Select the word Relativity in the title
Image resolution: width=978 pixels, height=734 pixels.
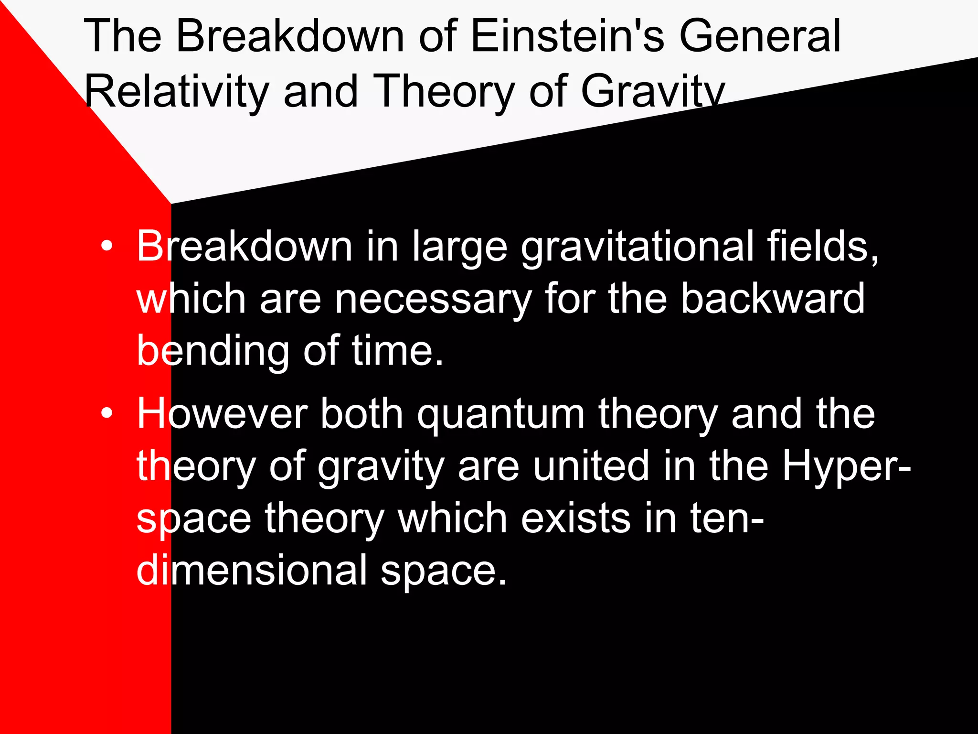(x=177, y=92)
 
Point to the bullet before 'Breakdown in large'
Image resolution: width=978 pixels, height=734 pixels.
(x=107, y=247)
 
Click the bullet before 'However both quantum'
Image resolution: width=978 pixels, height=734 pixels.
(x=107, y=414)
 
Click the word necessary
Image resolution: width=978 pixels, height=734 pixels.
(x=433, y=300)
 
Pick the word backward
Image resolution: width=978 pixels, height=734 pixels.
(x=772, y=299)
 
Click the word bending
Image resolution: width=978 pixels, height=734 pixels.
(x=213, y=351)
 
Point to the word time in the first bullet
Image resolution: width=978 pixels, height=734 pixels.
(x=397, y=351)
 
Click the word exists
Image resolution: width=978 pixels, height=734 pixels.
(x=575, y=518)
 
